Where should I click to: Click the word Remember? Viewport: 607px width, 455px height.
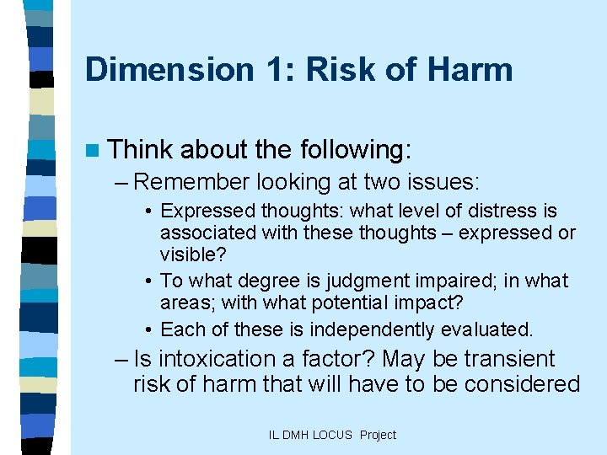tap(192, 181)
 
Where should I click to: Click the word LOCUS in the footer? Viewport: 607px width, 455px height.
tap(334, 435)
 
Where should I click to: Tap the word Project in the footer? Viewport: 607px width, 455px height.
tap(378, 435)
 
